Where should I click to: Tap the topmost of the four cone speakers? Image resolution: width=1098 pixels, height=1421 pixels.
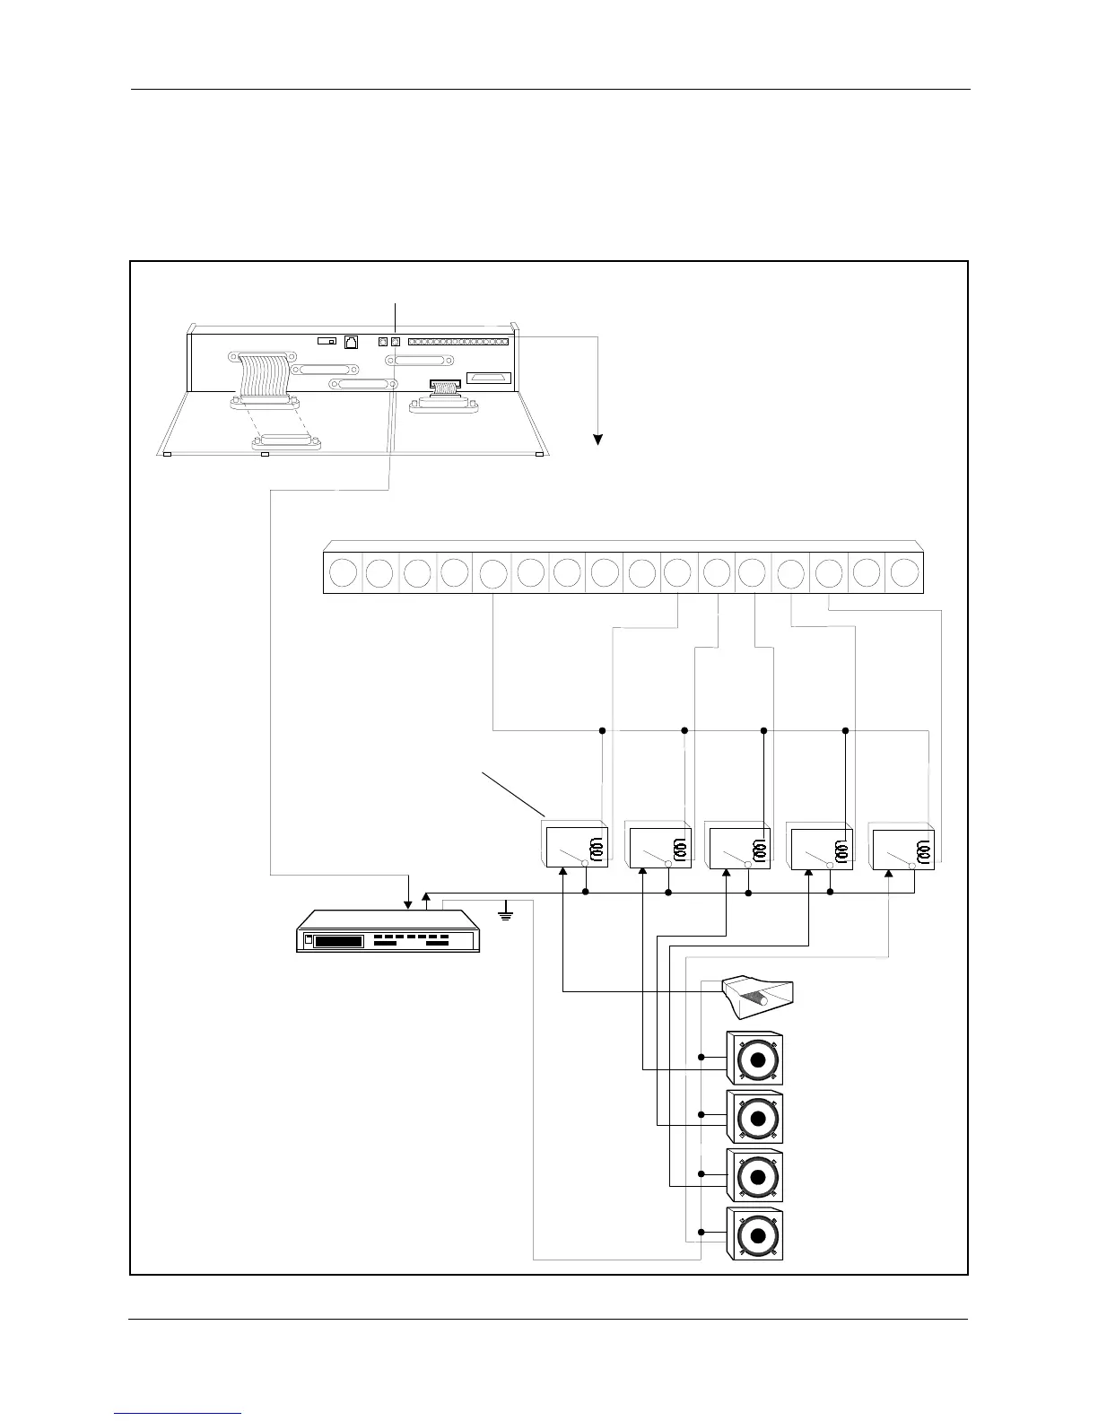[754, 1059]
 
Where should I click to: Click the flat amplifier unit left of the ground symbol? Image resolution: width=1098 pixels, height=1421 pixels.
[388, 932]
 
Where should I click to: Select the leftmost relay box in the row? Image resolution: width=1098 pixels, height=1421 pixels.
[577, 846]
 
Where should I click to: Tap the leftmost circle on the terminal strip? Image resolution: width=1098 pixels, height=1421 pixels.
[342, 572]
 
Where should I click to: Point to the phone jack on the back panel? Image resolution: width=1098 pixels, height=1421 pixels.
[351, 342]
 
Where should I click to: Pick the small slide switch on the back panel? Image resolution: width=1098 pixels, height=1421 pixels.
[327, 341]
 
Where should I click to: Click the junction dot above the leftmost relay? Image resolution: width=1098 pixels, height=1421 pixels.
[602, 730]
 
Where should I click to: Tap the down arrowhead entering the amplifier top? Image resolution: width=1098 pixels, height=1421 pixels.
[408, 903]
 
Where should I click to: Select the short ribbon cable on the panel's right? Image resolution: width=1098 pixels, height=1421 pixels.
[445, 388]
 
